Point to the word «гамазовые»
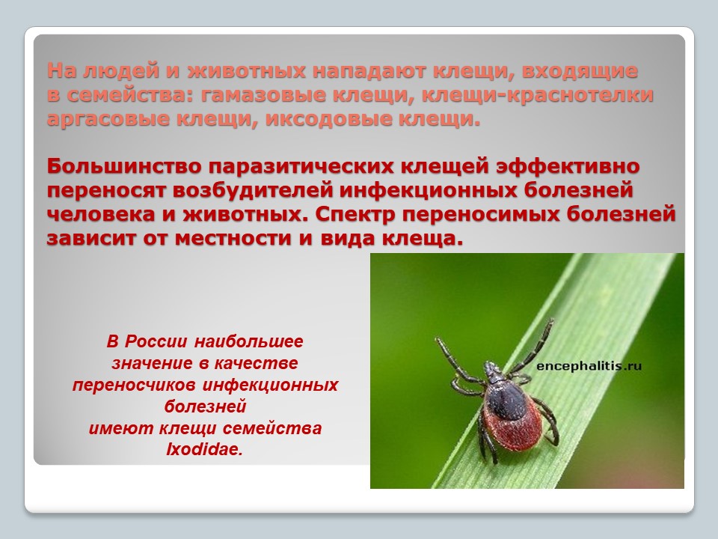[x=262, y=95]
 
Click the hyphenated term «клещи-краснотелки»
[x=538, y=96]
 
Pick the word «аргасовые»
[x=108, y=120]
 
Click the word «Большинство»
[x=124, y=166]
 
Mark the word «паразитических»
[x=301, y=167]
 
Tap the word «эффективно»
[x=568, y=166]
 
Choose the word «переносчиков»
[x=135, y=385]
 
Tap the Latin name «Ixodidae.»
[x=204, y=450]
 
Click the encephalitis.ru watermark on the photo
[x=589, y=366]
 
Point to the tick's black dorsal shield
[x=505, y=397]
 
